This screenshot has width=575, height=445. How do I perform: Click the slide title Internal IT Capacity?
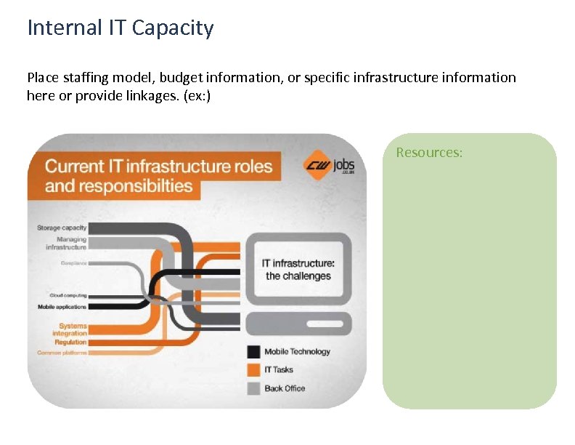click(121, 28)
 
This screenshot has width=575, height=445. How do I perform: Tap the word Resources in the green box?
click(428, 153)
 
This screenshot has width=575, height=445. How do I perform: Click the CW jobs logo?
click(329, 165)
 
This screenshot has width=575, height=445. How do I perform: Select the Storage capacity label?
click(62, 228)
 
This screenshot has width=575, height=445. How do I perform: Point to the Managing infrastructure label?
click(67, 243)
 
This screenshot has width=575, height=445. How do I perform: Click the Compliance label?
click(74, 262)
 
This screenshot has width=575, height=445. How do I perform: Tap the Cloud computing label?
click(68, 295)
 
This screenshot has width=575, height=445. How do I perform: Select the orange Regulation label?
click(70, 342)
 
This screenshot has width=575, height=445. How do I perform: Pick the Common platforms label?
click(62, 353)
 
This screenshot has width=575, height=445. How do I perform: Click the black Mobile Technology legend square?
click(253, 351)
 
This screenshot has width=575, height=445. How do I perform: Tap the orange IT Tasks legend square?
click(253, 369)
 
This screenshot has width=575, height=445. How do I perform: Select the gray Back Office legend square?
click(253, 388)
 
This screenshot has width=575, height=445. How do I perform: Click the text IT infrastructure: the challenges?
click(298, 269)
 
